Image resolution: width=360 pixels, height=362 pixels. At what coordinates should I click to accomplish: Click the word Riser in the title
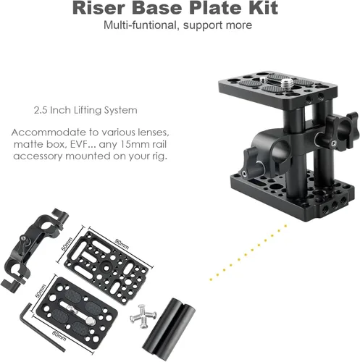[x=99, y=8]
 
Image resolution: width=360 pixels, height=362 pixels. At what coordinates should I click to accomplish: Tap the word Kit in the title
[x=261, y=8]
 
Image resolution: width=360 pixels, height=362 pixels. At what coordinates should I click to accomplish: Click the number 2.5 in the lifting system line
[x=43, y=111]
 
